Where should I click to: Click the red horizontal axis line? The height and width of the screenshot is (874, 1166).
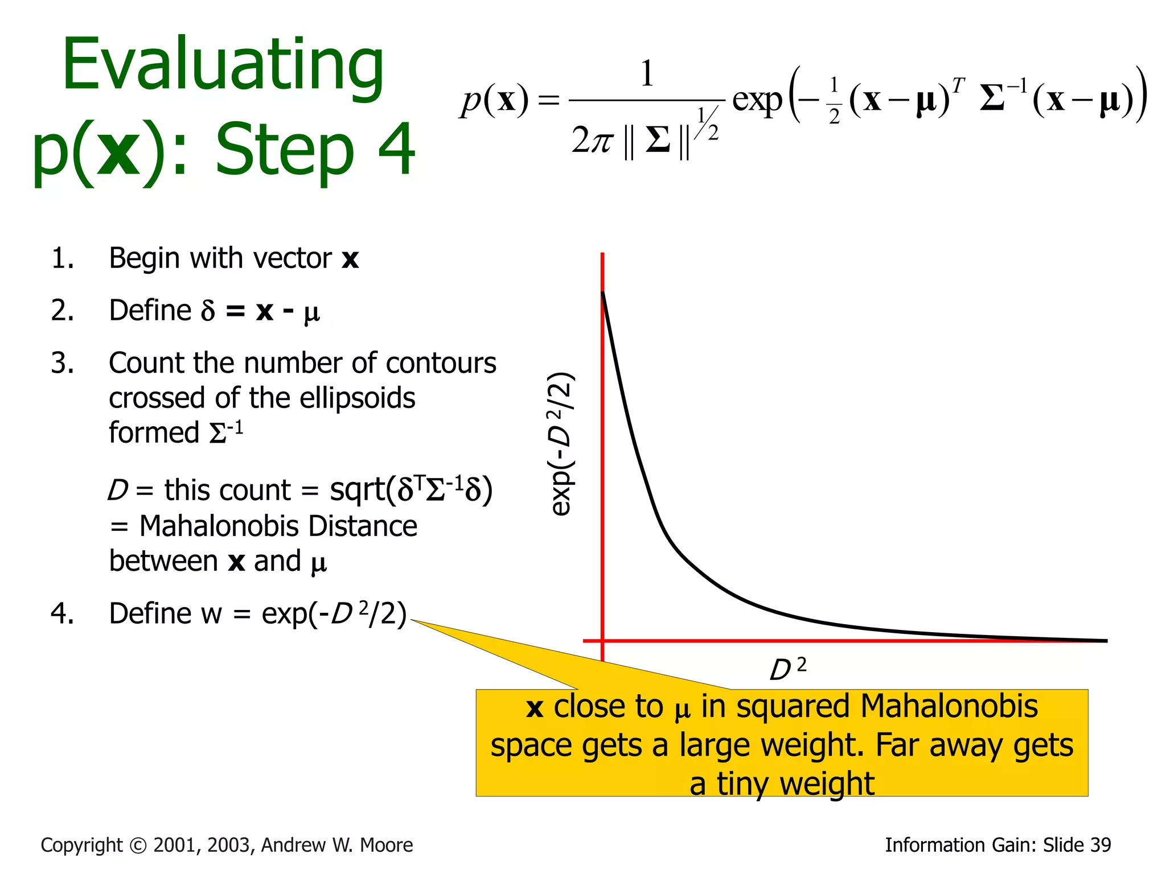point(854,641)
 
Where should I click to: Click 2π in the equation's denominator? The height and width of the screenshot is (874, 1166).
point(593,140)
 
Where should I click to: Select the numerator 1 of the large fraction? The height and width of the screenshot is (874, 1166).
point(647,74)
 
